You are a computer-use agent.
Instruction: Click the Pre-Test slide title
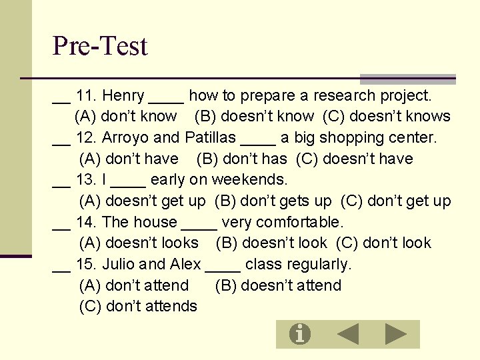tap(100, 46)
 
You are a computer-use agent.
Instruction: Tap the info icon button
tap(300, 333)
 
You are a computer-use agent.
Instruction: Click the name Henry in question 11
tap(123, 96)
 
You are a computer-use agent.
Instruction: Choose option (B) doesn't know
tap(254, 117)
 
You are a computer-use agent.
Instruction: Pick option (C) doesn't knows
tap(387, 117)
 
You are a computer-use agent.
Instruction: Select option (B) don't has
tap(241, 159)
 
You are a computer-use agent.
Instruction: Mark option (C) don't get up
tap(396, 201)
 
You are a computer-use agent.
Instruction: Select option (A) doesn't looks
tap(139, 243)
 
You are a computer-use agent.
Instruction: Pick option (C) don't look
tap(384, 243)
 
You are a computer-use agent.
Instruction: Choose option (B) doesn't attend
tap(278, 286)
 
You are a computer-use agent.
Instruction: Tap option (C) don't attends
tap(138, 307)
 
